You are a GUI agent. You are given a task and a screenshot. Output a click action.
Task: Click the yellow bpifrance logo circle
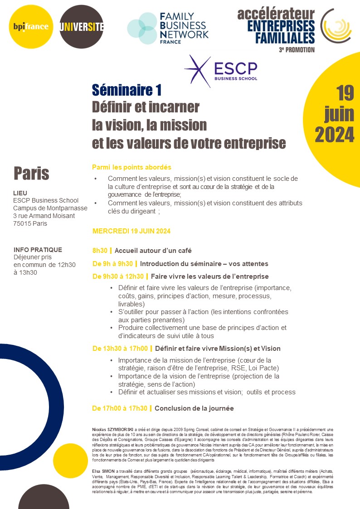[x=30, y=27]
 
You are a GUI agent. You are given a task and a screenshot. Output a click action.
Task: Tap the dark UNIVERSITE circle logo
[x=82, y=27]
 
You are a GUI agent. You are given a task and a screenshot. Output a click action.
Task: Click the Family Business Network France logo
[x=167, y=28]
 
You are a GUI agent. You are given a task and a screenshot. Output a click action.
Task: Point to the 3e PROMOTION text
[x=297, y=49]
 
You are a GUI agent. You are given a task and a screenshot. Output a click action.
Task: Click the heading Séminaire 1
[x=126, y=90]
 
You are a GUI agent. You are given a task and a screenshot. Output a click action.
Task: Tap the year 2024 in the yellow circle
[x=335, y=134]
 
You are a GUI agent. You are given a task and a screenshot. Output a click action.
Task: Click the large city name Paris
[x=31, y=173]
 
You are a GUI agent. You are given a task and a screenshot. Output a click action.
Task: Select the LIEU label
[x=20, y=193]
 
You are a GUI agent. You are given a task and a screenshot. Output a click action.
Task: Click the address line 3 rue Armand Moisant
[x=44, y=216]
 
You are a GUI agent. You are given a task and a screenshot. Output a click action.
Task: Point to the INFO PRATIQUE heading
[x=38, y=250]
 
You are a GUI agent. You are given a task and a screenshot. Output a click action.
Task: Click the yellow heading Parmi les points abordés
[x=131, y=167]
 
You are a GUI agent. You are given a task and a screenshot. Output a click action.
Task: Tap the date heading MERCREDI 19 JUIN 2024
[x=131, y=231]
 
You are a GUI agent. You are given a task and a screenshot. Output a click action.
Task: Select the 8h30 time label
[x=100, y=250]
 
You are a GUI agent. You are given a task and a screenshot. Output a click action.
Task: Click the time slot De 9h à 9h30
[x=113, y=264]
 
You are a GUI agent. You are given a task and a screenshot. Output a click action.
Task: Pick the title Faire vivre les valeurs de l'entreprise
[x=210, y=276]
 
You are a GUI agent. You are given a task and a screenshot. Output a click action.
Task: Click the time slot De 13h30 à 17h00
[x=120, y=349]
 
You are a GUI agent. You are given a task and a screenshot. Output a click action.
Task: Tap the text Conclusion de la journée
[x=194, y=408]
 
